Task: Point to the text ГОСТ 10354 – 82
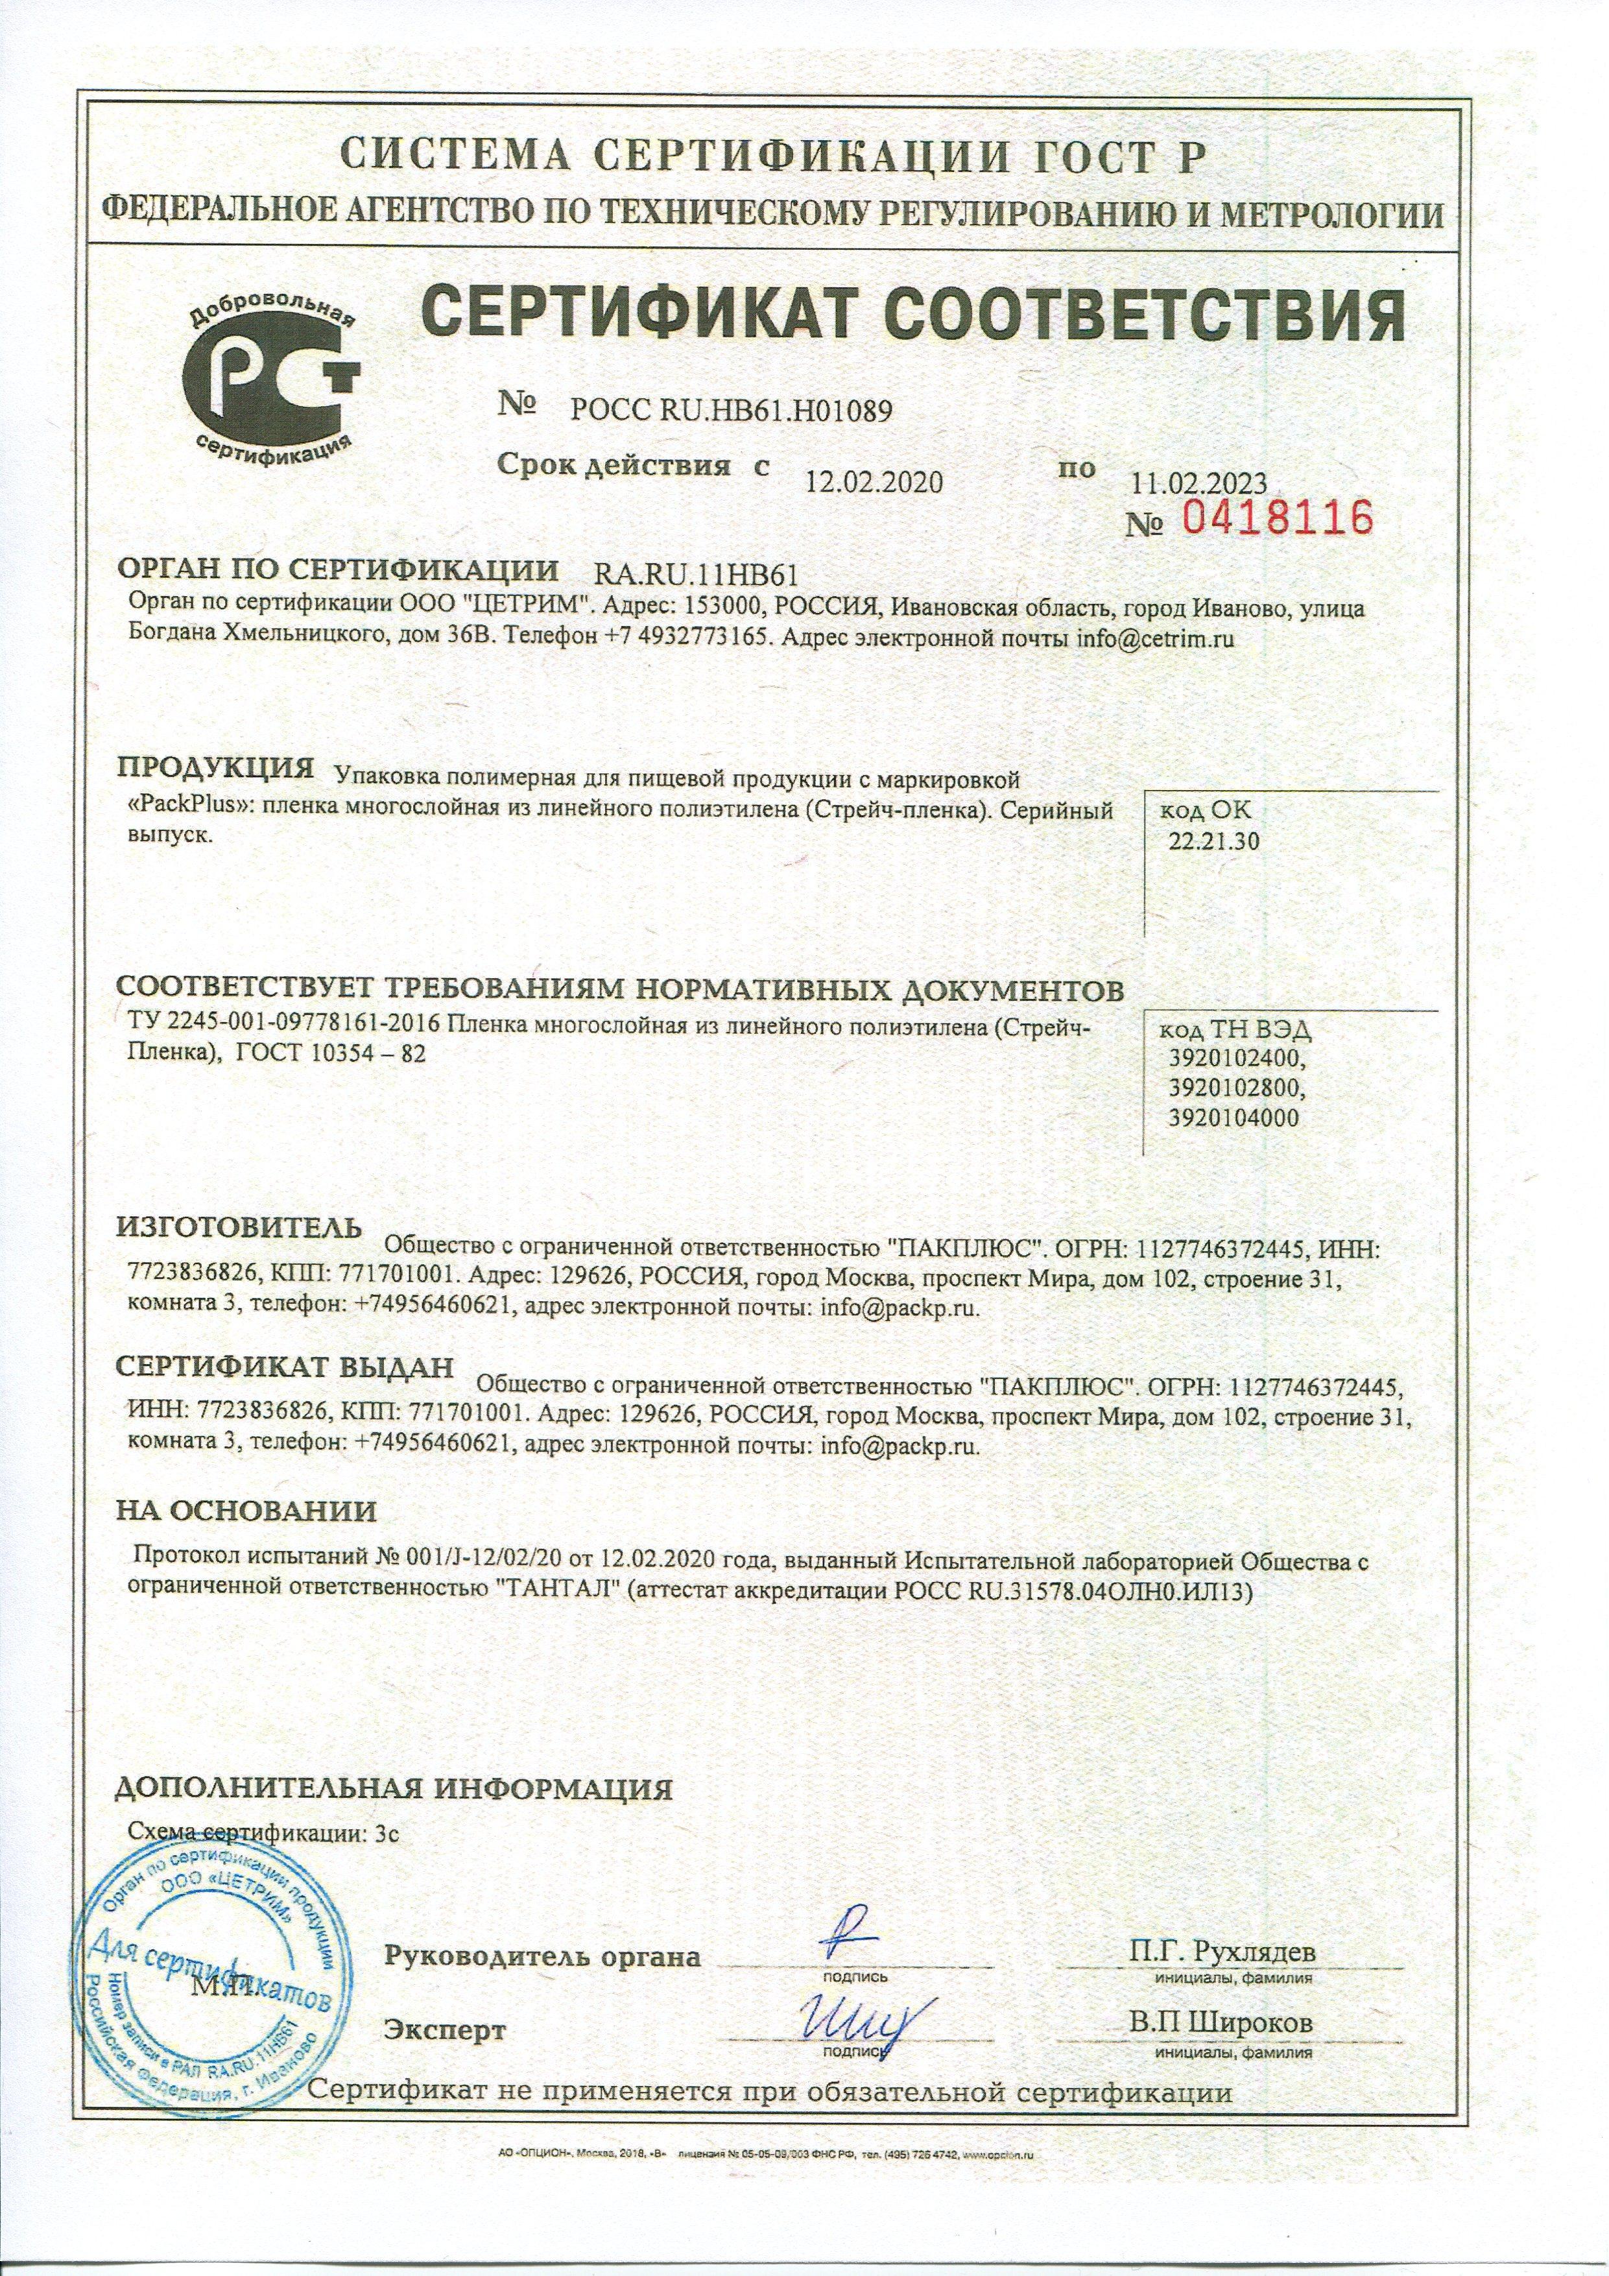(330, 1057)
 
